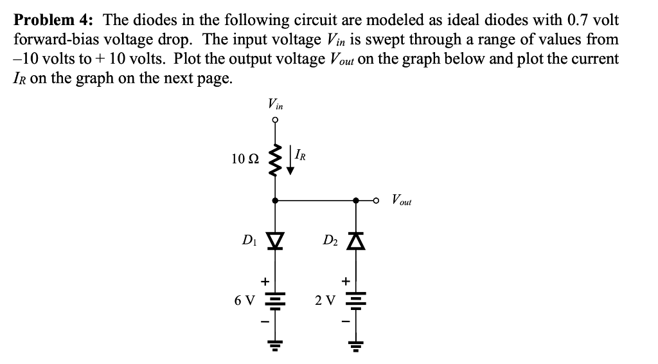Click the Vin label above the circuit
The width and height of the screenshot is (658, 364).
click(x=275, y=104)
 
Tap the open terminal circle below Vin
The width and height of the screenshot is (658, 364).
click(x=276, y=120)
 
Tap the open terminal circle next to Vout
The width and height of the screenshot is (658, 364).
click(x=380, y=201)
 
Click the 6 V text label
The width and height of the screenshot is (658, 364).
click(x=245, y=300)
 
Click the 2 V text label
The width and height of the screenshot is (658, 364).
click(x=325, y=300)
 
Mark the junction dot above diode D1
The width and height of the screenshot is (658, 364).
click(x=276, y=201)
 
